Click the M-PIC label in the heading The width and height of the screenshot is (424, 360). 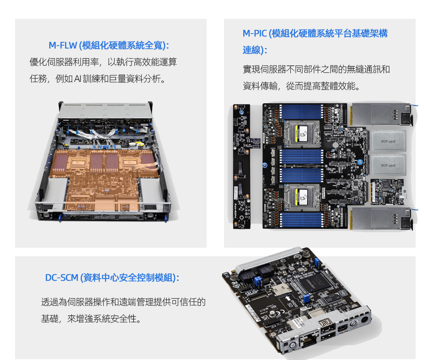pos(254,33)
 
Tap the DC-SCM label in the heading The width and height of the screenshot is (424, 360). pos(62,277)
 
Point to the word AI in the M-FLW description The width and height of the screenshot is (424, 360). pos(78,79)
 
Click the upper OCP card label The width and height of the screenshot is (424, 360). pos(388,141)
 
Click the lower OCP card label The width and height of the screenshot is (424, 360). pos(388,165)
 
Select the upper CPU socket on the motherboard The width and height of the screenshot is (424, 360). pos(302,134)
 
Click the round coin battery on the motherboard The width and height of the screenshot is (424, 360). pos(335,145)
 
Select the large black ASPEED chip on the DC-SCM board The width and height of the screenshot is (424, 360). pos(315,283)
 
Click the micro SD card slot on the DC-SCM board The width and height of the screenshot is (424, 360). pos(281,290)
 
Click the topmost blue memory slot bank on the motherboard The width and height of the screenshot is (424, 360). pos(302,112)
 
